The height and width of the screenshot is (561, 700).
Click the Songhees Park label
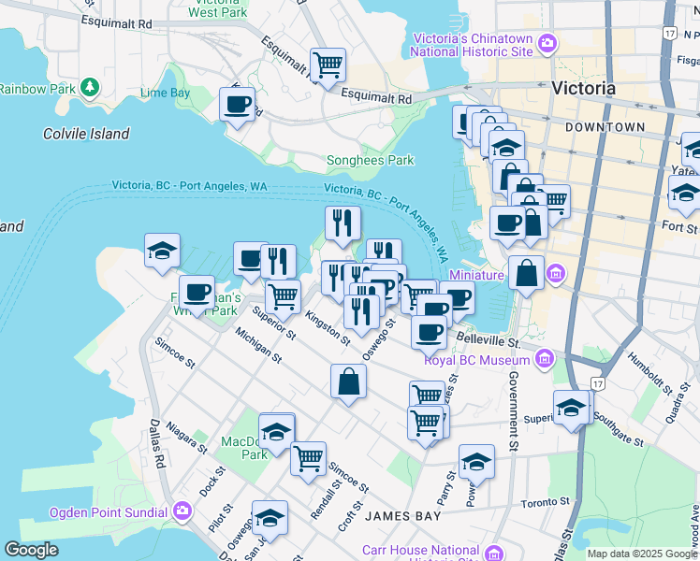tap(370, 160)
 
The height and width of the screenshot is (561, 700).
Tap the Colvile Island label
tap(86, 134)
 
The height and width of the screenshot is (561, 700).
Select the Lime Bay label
tap(165, 93)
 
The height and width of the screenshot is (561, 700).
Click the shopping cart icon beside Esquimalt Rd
tap(328, 65)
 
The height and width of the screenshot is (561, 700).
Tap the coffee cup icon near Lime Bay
tap(237, 104)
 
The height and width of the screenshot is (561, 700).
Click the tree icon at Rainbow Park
tap(90, 88)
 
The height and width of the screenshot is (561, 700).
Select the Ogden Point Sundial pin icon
tap(182, 511)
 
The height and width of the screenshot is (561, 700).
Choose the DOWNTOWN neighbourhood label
tap(605, 126)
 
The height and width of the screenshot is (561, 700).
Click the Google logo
tap(31, 550)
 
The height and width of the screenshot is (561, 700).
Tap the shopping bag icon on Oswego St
tap(348, 381)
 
